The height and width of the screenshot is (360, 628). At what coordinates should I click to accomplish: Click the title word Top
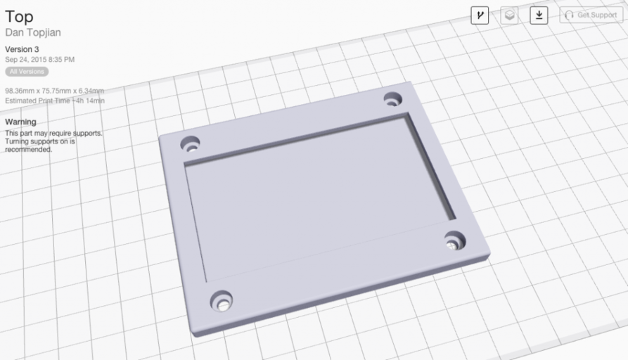coord(19,17)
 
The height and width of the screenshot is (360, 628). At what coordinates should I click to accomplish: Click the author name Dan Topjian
coord(32,32)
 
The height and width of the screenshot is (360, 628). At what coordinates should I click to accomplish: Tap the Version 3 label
coord(22,49)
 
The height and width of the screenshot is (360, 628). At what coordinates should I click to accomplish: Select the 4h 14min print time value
coord(91,101)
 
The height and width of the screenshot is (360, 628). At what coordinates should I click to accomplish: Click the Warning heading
coord(20,122)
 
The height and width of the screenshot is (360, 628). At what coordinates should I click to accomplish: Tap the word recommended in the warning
coord(28,149)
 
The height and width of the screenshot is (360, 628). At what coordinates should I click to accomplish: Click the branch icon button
coord(480,15)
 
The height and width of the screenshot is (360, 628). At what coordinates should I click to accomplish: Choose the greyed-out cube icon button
coord(509,15)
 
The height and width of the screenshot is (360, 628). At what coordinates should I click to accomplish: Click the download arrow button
coord(539,15)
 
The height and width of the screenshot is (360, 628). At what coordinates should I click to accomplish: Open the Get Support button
coord(591,15)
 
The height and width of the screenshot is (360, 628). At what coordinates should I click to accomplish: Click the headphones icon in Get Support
coord(570,15)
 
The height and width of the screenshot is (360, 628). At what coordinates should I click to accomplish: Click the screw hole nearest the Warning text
coord(189,144)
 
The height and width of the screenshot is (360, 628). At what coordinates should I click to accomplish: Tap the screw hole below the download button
coord(392,99)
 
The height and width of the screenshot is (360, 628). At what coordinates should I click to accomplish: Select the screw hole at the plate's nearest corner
coord(222,301)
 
